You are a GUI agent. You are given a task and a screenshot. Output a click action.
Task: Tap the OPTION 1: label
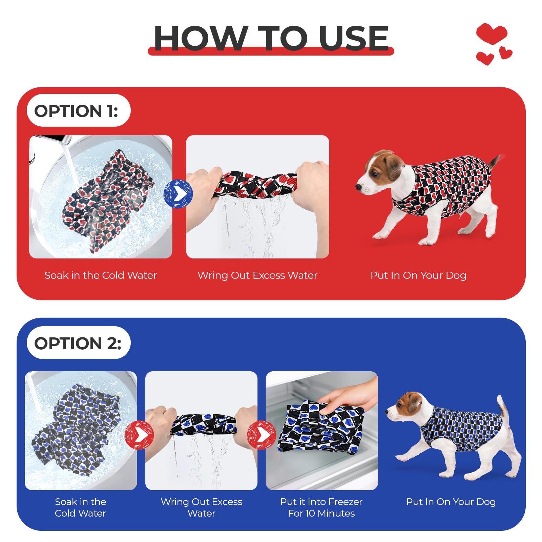(x=77, y=111)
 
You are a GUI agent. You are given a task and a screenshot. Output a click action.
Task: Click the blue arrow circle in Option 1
(x=178, y=194)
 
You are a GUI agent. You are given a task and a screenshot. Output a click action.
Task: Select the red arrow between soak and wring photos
(x=139, y=435)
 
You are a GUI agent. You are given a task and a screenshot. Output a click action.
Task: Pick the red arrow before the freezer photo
(x=261, y=435)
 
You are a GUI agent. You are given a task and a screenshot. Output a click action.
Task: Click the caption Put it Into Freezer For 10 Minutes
(x=321, y=507)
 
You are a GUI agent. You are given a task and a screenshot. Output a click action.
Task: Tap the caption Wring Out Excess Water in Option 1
(x=257, y=275)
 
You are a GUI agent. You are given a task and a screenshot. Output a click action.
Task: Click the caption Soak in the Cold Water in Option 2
(x=81, y=507)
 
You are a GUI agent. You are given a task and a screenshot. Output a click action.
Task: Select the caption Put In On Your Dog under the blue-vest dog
(x=451, y=502)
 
